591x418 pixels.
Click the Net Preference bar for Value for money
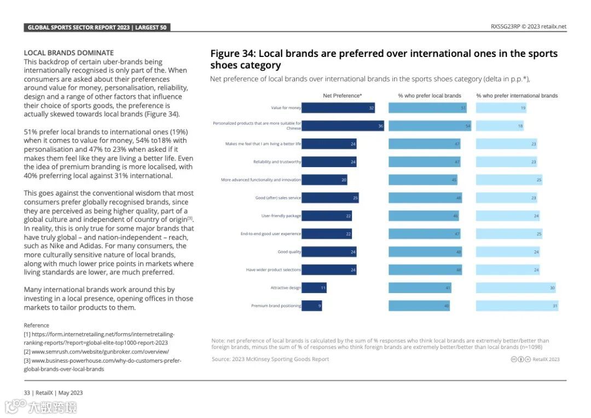[338, 108]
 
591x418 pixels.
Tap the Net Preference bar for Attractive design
[314, 288]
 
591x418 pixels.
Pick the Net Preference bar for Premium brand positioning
[312, 306]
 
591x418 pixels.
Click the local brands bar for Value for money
[427, 108]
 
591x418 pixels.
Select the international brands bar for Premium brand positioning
[517, 306]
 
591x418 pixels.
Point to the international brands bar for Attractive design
[516, 288]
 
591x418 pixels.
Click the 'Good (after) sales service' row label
[278, 198]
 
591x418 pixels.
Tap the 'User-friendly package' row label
[281, 216]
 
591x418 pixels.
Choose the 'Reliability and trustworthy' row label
[277, 162]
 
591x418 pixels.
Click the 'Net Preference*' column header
[343, 96]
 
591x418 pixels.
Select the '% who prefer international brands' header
[517, 96]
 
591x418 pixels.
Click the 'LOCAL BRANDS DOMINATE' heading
[69, 53]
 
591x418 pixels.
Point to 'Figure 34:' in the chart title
[233, 54]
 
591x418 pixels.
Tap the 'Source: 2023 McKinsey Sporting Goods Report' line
[270, 359]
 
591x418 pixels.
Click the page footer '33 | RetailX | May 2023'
[53, 393]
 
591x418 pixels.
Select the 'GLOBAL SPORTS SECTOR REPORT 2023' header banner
[97, 27]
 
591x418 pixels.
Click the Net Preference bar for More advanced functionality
[325, 180]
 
